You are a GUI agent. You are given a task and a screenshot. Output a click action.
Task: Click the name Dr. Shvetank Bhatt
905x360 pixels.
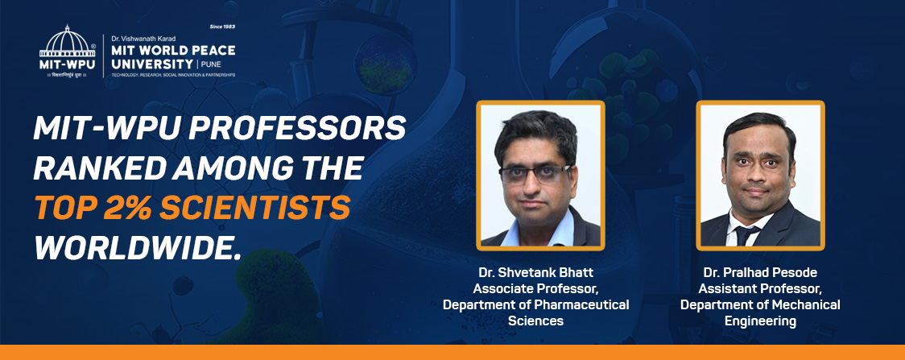point(535,274)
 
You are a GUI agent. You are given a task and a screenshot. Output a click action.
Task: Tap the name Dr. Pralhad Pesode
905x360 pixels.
point(759,274)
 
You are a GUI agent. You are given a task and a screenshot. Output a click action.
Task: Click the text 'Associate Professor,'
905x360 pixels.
point(535,289)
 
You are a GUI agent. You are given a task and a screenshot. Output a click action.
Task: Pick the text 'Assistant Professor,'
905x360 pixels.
point(759,289)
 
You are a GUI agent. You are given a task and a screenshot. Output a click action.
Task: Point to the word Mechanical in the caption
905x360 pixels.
point(802,305)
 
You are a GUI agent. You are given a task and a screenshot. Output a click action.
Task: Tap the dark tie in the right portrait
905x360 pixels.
point(746,234)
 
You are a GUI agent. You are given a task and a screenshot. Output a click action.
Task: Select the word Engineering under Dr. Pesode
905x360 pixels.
point(759,321)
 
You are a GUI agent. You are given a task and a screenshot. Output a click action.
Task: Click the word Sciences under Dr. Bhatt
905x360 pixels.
point(535,321)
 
